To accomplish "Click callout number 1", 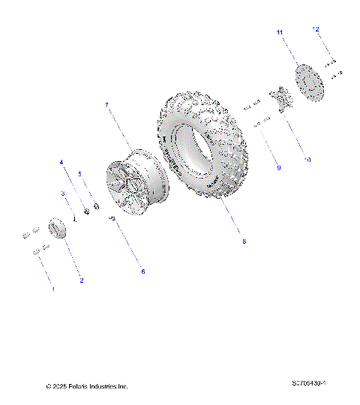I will [52, 288].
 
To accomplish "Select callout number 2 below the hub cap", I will [82, 280].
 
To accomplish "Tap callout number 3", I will [64, 193].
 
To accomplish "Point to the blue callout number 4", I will [62, 162].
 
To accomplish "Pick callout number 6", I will [143, 271].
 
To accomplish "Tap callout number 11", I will [279, 33].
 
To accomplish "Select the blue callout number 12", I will [316, 28].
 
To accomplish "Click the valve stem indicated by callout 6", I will [112, 218].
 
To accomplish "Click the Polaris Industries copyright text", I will [87, 386].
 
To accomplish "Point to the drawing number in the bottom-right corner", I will [313, 383].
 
